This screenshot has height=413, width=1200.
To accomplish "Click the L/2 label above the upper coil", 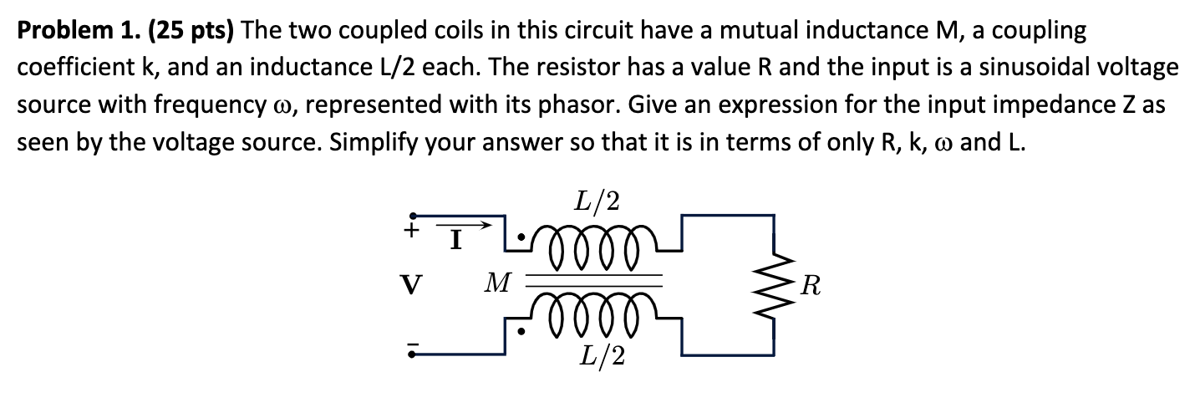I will [x=597, y=201].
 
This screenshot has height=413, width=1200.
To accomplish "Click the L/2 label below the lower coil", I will [x=601, y=355].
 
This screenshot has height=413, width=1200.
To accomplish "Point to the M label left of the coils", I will [x=498, y=283].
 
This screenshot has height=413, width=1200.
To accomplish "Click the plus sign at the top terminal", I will [x=409, y=230].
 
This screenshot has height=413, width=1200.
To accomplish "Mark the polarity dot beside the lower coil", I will [x=521, y=332].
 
